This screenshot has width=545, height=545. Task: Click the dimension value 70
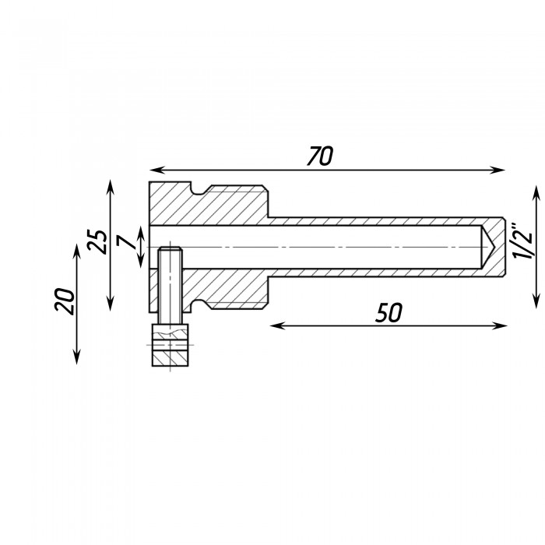pyautogui.click(x=320, y=156)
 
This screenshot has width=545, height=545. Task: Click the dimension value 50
pyautogui.click(x=389, y=312)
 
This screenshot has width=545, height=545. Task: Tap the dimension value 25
pyautogui.click(x=97, y=241)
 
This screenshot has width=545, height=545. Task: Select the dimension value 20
pyautogui.click(x=65, y=301)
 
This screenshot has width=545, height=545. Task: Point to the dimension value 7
pyautogui.click(x=126, y=241)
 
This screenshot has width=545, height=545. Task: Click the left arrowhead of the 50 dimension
pyautogui.click(x=277, y=325)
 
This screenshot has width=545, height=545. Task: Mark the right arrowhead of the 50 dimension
pyautogui.click(x=500, y=325)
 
